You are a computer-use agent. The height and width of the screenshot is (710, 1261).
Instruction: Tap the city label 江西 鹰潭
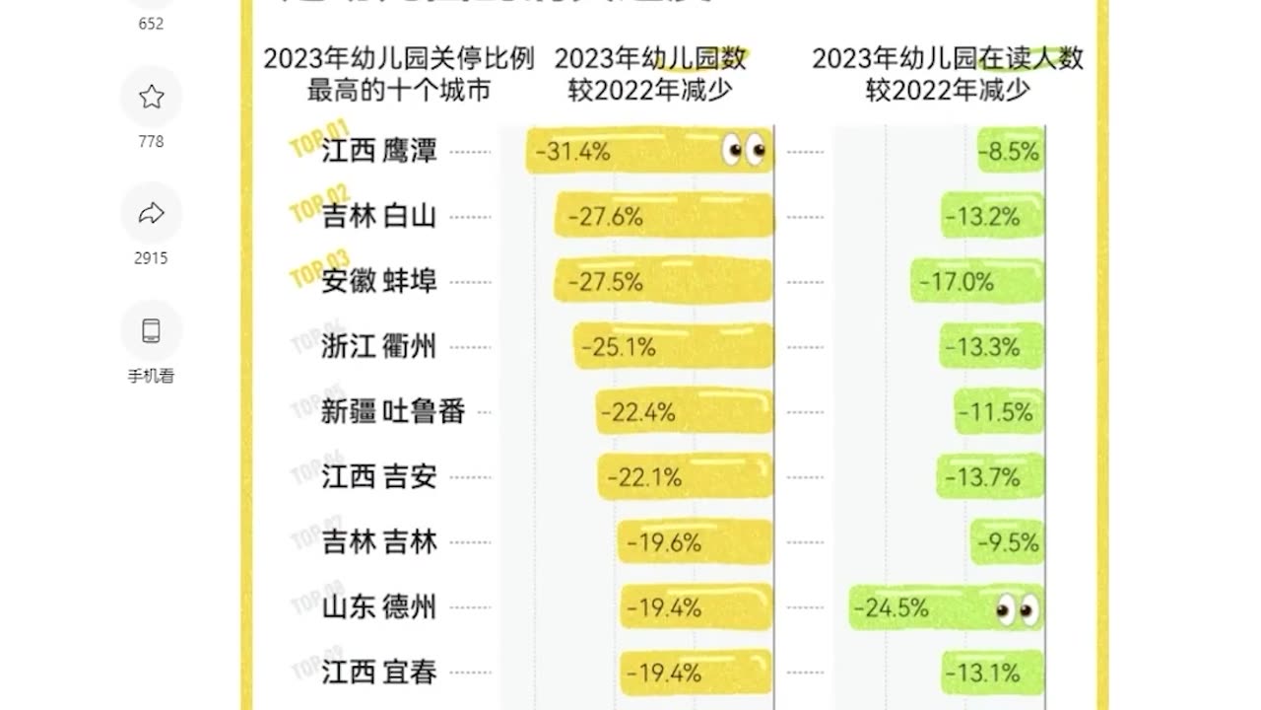point(379,151)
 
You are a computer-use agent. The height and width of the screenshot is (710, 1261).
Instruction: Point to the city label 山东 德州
point(379,607)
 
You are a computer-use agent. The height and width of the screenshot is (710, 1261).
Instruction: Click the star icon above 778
point(151,97)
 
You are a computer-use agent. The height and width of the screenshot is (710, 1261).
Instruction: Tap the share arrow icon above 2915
point(151,213)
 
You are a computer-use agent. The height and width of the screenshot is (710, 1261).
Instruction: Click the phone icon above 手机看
point(151,330)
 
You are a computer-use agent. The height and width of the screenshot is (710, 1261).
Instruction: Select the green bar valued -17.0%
point(976,282)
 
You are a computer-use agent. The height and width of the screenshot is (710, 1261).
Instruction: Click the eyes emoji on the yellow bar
point(745,150)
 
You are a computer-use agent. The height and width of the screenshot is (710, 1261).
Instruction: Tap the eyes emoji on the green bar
point(1017,609)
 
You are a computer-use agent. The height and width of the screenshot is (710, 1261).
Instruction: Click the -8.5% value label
point(1011,152)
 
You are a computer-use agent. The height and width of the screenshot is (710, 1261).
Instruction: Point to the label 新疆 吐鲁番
point(393,411)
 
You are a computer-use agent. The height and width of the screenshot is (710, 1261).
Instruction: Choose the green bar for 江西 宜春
point(992,674)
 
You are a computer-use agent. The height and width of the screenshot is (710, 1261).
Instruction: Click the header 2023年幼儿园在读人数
point(947,58)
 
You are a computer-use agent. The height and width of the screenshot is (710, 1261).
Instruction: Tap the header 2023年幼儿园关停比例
point(398,58)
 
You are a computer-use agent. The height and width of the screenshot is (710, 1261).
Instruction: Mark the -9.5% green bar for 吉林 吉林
point(1007,542)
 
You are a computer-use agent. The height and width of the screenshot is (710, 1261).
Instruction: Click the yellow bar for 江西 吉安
point(686,477)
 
